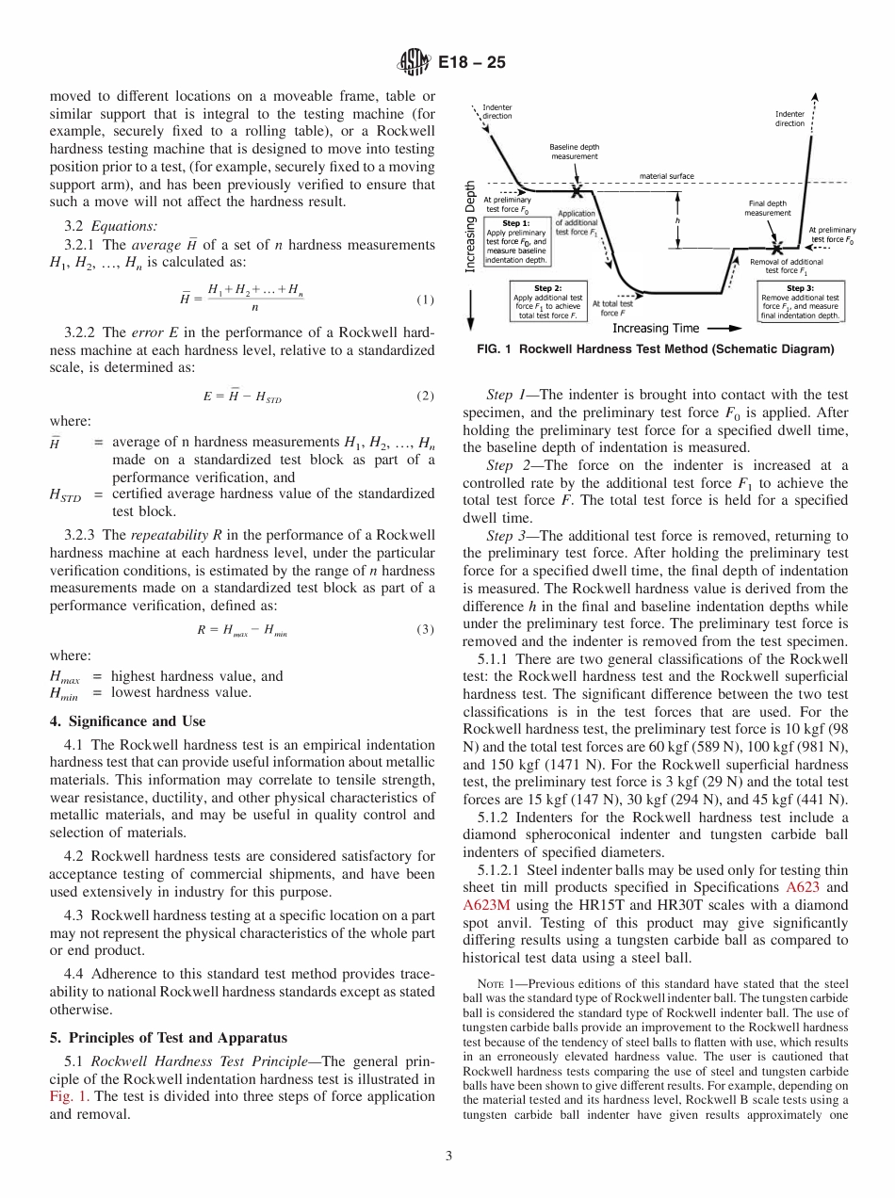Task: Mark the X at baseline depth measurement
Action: (574, 182)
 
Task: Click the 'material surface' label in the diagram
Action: (666, 176)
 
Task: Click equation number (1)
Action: (424, 300)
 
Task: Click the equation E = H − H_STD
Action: (241, 397)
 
